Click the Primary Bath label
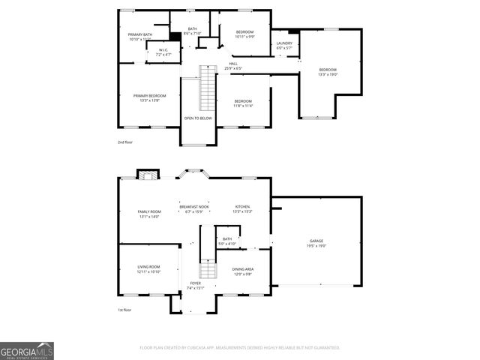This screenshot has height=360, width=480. (140, 37)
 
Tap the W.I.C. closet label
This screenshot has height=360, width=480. (163, 52)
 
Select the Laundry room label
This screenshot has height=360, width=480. (284, 45)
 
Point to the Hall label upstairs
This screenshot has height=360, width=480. (233, 66)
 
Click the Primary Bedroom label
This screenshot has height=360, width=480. (150, 97)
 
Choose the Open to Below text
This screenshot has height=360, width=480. (198, 118)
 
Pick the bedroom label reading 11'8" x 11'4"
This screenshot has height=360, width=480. (243, 103)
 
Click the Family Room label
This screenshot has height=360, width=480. (149, 214)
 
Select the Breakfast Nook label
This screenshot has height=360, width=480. (199, 208)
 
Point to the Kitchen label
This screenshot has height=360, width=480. (242, 208)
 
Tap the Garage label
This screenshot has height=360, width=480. (316, 243)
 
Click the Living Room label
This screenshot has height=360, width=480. (148, 269)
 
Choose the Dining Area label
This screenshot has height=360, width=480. (242, 271)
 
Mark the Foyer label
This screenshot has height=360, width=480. (195, 286)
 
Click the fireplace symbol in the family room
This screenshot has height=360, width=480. (148, 175)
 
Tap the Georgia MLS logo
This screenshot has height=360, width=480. (27, 350)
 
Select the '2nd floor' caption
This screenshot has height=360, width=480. (124, 141)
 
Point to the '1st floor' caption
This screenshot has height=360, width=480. (124, 310)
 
